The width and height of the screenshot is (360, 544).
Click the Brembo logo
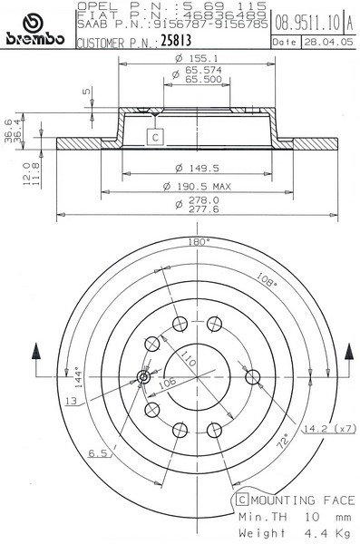[x=35, y=30]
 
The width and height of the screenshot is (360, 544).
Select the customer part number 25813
[x=176, y=40]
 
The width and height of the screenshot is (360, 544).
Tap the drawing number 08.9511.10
[x=307, y=23]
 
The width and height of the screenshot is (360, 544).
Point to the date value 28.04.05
[x=328, y=42]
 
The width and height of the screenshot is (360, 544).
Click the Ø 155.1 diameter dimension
[x=197, y=58]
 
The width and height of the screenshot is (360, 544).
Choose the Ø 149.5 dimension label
[x=197, y=169]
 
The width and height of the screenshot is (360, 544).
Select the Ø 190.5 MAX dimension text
[x=197, y=187]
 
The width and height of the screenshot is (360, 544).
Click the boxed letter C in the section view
[x=155, y=137]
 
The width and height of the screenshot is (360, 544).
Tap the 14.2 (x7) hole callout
[x=330, y=429]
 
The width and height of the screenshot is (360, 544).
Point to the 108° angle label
[x=267, y=279]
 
